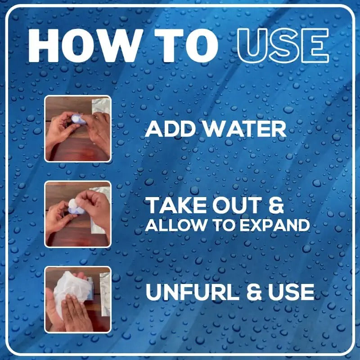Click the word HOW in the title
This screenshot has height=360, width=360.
tap(84, 46)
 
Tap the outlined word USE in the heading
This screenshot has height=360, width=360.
tap(283, 46)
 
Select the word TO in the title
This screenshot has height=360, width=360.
tap(186, 46)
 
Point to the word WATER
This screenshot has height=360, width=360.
tap(245, 129)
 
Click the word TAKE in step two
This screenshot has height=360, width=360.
tap(176, 206)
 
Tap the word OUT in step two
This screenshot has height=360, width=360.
tap(237, 206)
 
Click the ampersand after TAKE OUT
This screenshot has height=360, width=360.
tap(276, 206)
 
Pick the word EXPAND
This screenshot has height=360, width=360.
tap(275, 225)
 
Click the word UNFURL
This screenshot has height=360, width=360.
tap(192, 292)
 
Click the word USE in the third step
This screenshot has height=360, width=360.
tap(291, 292)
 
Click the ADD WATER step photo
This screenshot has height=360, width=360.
tap(78, 129)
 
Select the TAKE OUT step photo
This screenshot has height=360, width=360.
tap(78, 214)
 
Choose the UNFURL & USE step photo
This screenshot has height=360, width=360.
tap(78, 300)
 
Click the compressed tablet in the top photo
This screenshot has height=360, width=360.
tap(78, 119)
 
